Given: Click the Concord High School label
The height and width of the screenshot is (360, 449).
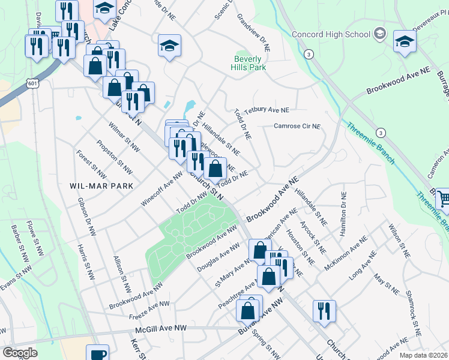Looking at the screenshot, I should pyautogui.click(x=331, y=34).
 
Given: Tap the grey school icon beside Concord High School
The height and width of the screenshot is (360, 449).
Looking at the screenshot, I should pyautogui.click(x=379, y=34).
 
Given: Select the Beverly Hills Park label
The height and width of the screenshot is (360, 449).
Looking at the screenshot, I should pyautogui.click(x=250, y=64).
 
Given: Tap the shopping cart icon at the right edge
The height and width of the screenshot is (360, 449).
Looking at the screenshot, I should pyautogui.click(x=443, y=198).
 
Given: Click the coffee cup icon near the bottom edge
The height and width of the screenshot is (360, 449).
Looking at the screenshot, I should pyautogui.click(x=98, y=353).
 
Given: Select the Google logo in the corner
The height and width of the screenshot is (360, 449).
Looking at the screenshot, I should pyautogui.click(x=20, y=353).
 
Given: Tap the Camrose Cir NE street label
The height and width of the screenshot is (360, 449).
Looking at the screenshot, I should pyautogui.click(x=297, y=127).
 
